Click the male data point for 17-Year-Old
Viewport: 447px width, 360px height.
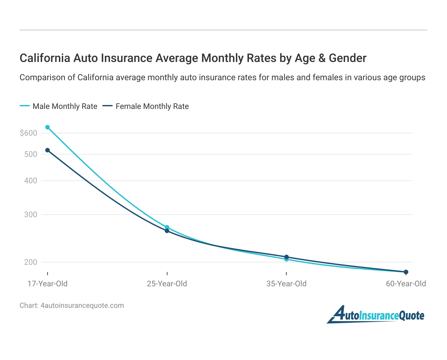click(48, 127)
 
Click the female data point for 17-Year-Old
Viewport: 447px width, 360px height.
click(48, 150)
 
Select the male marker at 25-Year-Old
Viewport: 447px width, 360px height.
click(167, 227)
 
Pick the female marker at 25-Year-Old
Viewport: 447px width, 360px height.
click(167, 231)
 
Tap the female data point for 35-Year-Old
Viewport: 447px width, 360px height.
click(286, 257)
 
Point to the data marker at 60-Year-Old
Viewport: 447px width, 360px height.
click(406, 272)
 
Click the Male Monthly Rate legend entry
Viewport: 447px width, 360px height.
click(59, 106)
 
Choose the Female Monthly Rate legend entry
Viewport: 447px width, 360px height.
click(146, 106)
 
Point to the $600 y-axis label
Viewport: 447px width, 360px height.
click(28, 133)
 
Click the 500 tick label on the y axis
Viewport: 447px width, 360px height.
click(31, 154)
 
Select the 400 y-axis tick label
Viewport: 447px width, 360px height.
click(31, 181)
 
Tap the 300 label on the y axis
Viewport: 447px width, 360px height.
click(31, 215)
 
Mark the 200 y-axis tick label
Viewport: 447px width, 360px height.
click(31, 262)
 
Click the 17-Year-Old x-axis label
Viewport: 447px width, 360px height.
click(48, 284)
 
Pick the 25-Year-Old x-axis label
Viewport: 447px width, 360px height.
click(167, 284)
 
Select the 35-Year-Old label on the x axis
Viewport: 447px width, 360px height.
click(286, 284)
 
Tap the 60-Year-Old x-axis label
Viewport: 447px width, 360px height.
click(406, 284)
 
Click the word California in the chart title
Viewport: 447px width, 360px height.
click(45, 58)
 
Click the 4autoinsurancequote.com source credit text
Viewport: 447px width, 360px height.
click(82, 306)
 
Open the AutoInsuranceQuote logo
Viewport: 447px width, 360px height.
click(376, 315)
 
